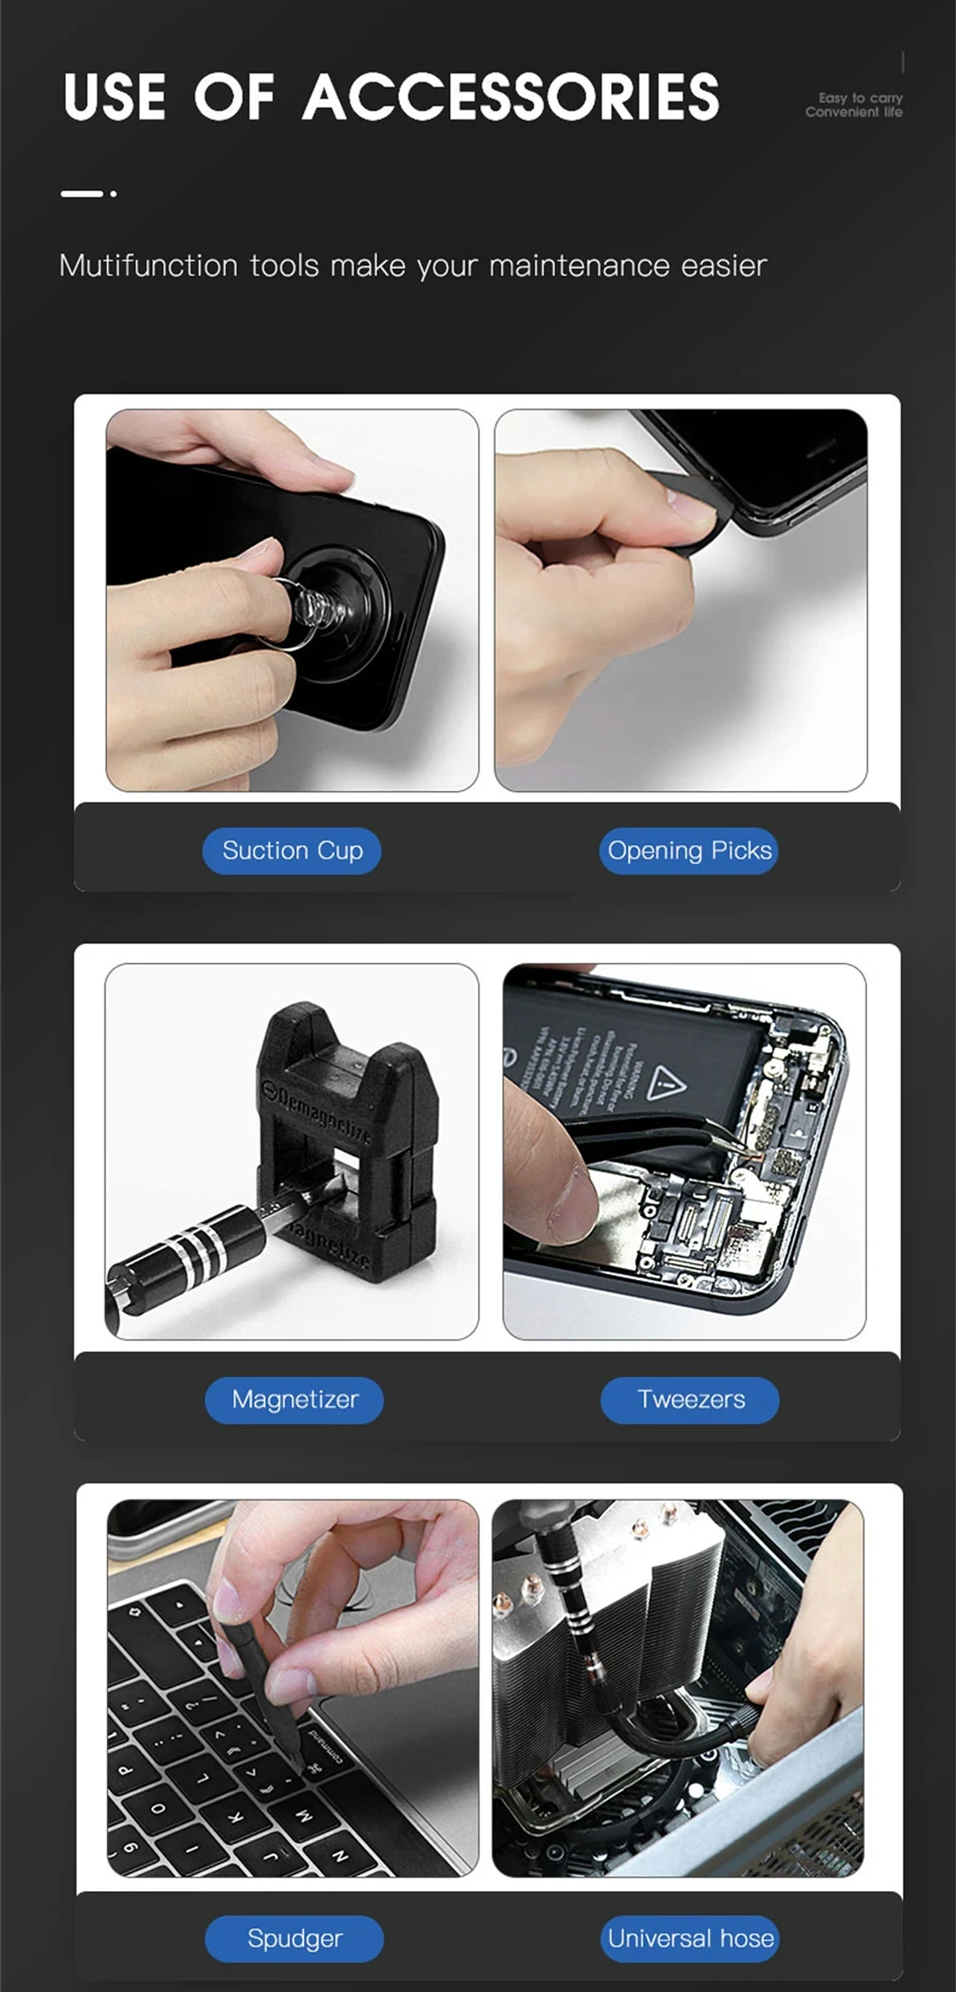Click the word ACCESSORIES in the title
pos(511,97)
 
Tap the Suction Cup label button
pos(291,851)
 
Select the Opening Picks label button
pos(688,851)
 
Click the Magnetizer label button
pos(294,1400)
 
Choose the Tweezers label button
pos(690,1400)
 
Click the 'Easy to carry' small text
pos(860,98)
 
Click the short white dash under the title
pos(81,193)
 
